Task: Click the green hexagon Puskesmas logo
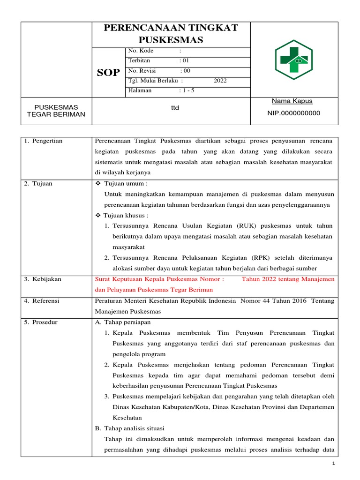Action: (294, 60)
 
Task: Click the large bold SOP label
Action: (108, 72)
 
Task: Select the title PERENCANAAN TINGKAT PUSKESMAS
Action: (171, 34)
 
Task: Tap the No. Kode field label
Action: (141, 51)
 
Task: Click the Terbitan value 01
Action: (184, 60)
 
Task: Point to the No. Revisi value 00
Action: (185, 71)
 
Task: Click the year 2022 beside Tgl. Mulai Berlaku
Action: (220, 81)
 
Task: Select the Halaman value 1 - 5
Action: (187, 90)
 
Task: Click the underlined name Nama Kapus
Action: (292, 101)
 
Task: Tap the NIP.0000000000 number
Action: (293, 113)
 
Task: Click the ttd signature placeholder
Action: (175, 108)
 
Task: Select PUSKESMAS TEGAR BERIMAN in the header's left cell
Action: (56, 111)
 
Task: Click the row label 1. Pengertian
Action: (43, 141)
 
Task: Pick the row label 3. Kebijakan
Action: (43, 279)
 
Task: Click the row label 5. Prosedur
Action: (41, 322)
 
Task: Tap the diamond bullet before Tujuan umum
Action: (98, 184)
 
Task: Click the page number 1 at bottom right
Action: (334, 464)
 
